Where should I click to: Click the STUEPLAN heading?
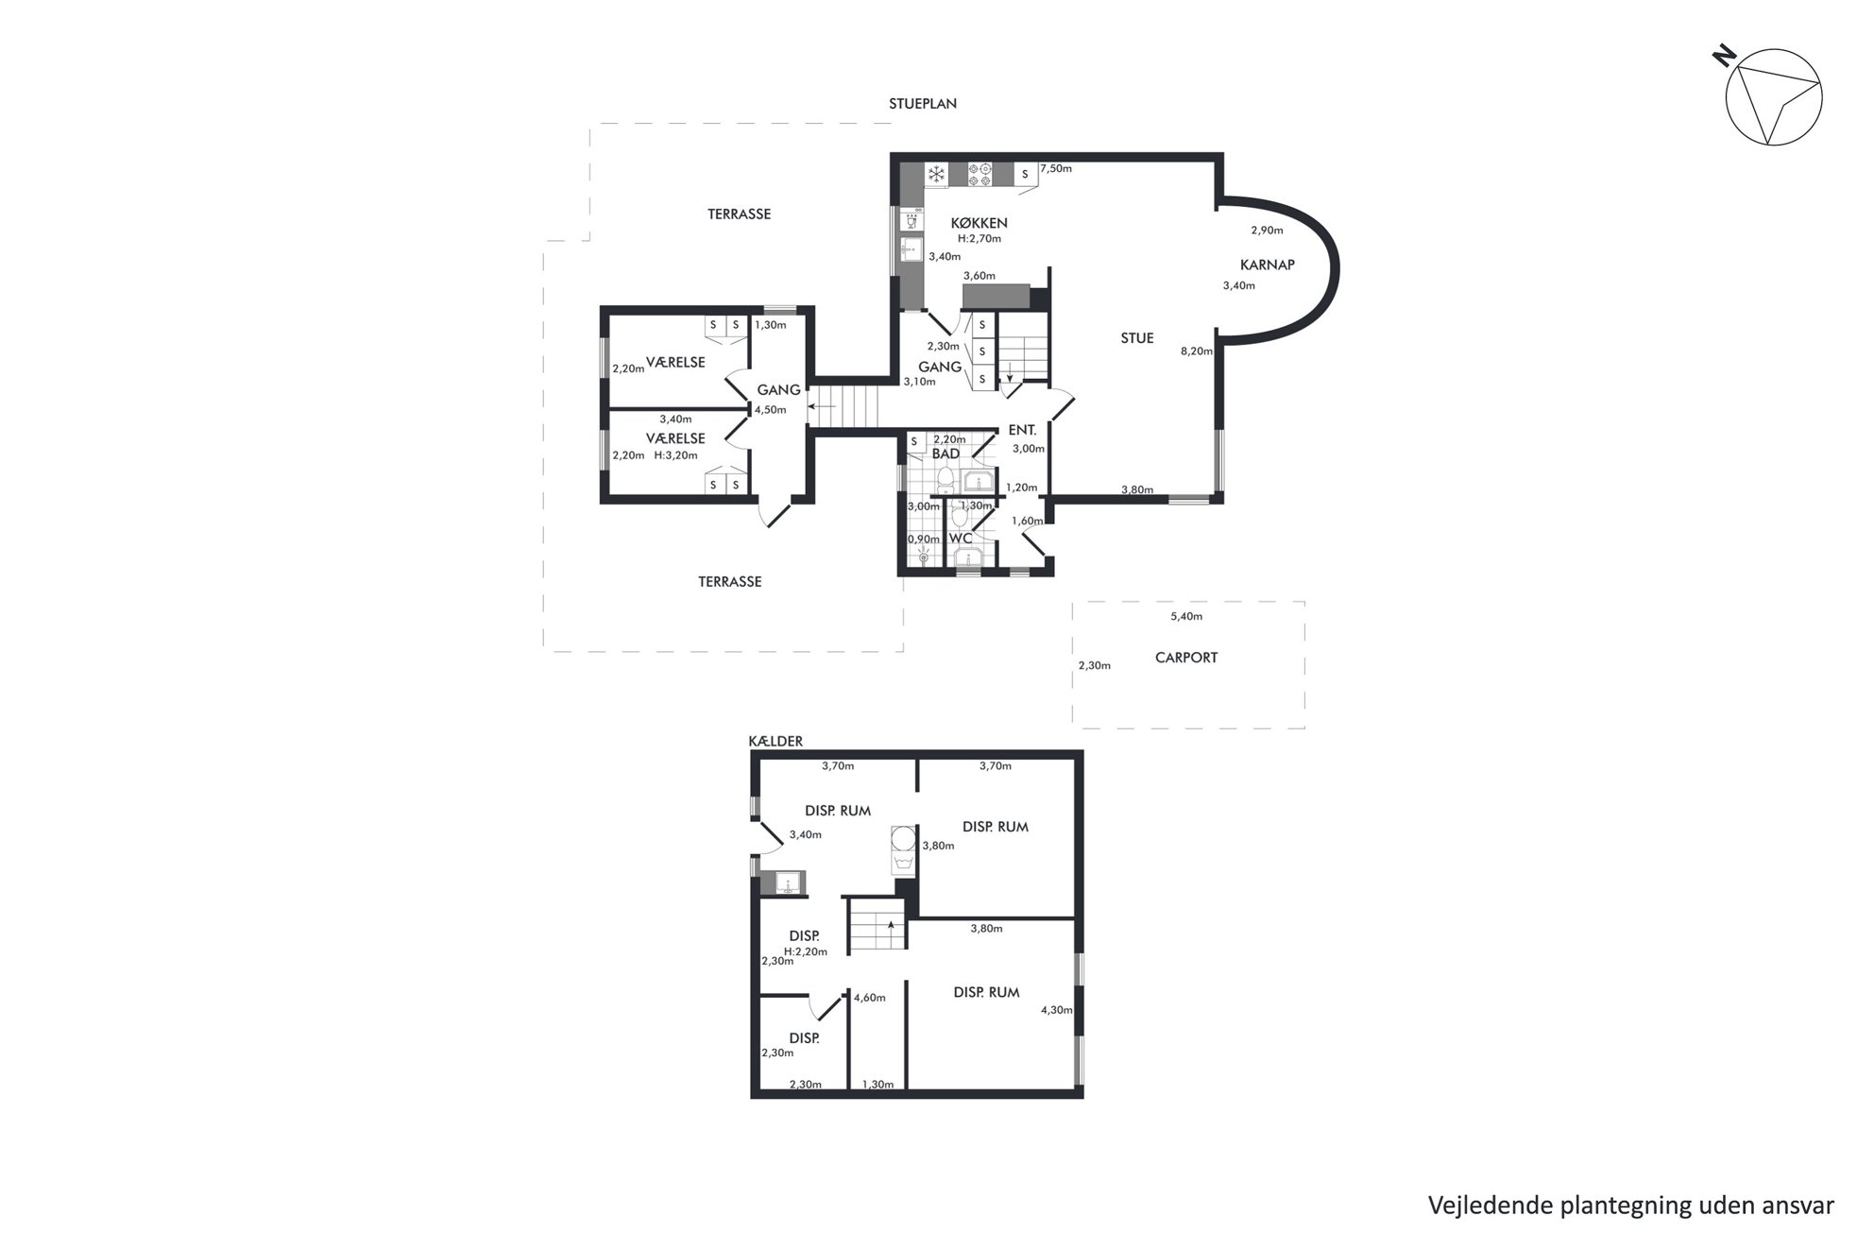[x=922, y=104]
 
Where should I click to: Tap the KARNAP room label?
[x=1267, y=265]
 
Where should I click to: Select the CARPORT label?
[x=1186, y=658]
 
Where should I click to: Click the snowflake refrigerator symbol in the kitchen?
[x=936, y=174]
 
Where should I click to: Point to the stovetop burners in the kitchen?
[x=979, y=174]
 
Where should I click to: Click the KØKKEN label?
[x=979, y=223]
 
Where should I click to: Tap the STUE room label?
[x=1137, y=338]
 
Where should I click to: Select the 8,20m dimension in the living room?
[x=1197, y=351]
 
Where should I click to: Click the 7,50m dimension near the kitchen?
[x=1056, y=168]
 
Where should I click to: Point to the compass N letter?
[x=1725, y=57]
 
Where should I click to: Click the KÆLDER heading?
[x=775, y=742]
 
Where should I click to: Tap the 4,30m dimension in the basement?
[x=1056, y=1010]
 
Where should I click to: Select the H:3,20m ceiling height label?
[x=676, y=455]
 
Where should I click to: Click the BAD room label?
[x=946, y=454]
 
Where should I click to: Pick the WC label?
[x=961, y=539]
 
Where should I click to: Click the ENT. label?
[x=1022, y=430]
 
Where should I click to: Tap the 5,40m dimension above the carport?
[x=1186, y=617]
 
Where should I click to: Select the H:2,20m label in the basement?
[x=806, y=951]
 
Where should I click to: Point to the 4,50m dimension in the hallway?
[x=771, y=410]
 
